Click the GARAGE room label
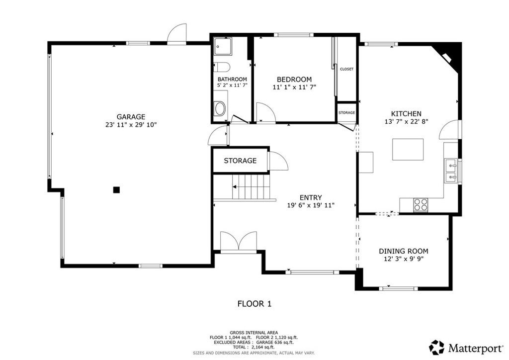point(131,117)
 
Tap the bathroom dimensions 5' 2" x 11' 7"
point(232,86)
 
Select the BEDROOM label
point(294,79)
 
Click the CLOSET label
point(346,69)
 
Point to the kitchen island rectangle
point(408,149)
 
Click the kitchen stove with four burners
point(421,205)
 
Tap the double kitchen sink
point(451,171)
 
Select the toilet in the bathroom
point(222,67)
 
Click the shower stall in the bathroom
point(223,46)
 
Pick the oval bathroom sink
point(220,109)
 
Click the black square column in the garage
point(116,190)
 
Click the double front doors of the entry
point(239,242)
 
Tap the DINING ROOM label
point(404,251)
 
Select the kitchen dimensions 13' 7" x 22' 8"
point(407,122)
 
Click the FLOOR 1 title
point(254,304)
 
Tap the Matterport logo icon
point(436,348)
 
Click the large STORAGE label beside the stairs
point(240,161)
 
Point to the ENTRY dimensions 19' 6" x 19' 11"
point(311,205)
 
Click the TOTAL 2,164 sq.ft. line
point(254,347)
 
